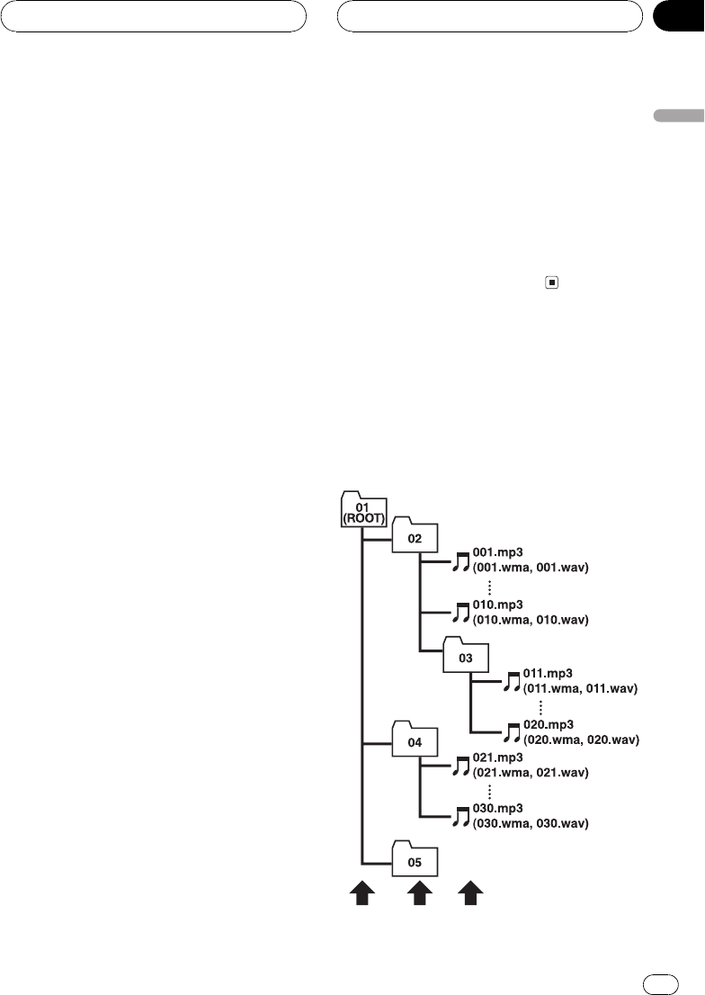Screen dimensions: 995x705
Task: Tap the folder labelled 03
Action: tap(465, 658)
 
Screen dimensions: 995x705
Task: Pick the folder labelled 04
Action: tap(415, 741)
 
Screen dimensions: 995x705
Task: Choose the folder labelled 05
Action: tap(415, 860)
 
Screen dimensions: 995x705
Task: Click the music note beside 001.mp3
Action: tap(460, 562)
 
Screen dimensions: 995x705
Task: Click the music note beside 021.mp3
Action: tap(460, 766)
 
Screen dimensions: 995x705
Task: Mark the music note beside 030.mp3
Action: tap(460, 817)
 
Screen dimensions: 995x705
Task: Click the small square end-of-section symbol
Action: tap(551, 282)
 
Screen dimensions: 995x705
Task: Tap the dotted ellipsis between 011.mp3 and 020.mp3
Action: tap(540, 707)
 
